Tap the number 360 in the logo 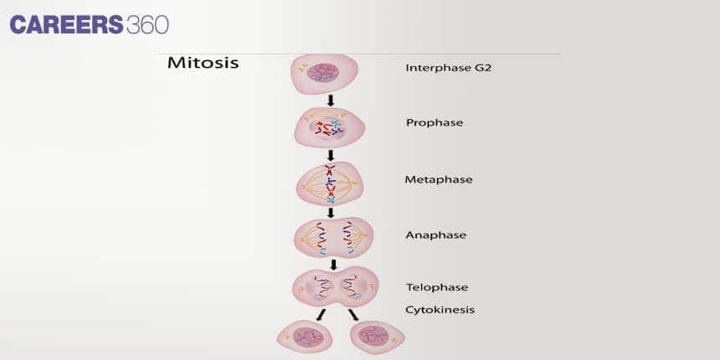[147, 25]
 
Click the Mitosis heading [203, 63]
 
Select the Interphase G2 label [448, 68]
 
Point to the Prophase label [434, 122]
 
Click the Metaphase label [439, 179]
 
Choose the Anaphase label [435, 235]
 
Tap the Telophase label [437, 287]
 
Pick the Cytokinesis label [440, 309]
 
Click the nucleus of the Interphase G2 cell [322, 73]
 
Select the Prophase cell [330, 127]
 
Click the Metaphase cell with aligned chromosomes [330, 183]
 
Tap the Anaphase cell [330, 238]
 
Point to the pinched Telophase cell [333, 286]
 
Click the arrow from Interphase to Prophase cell [331, 100]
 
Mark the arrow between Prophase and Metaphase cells [331, 155]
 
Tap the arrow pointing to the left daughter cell [320, 313]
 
